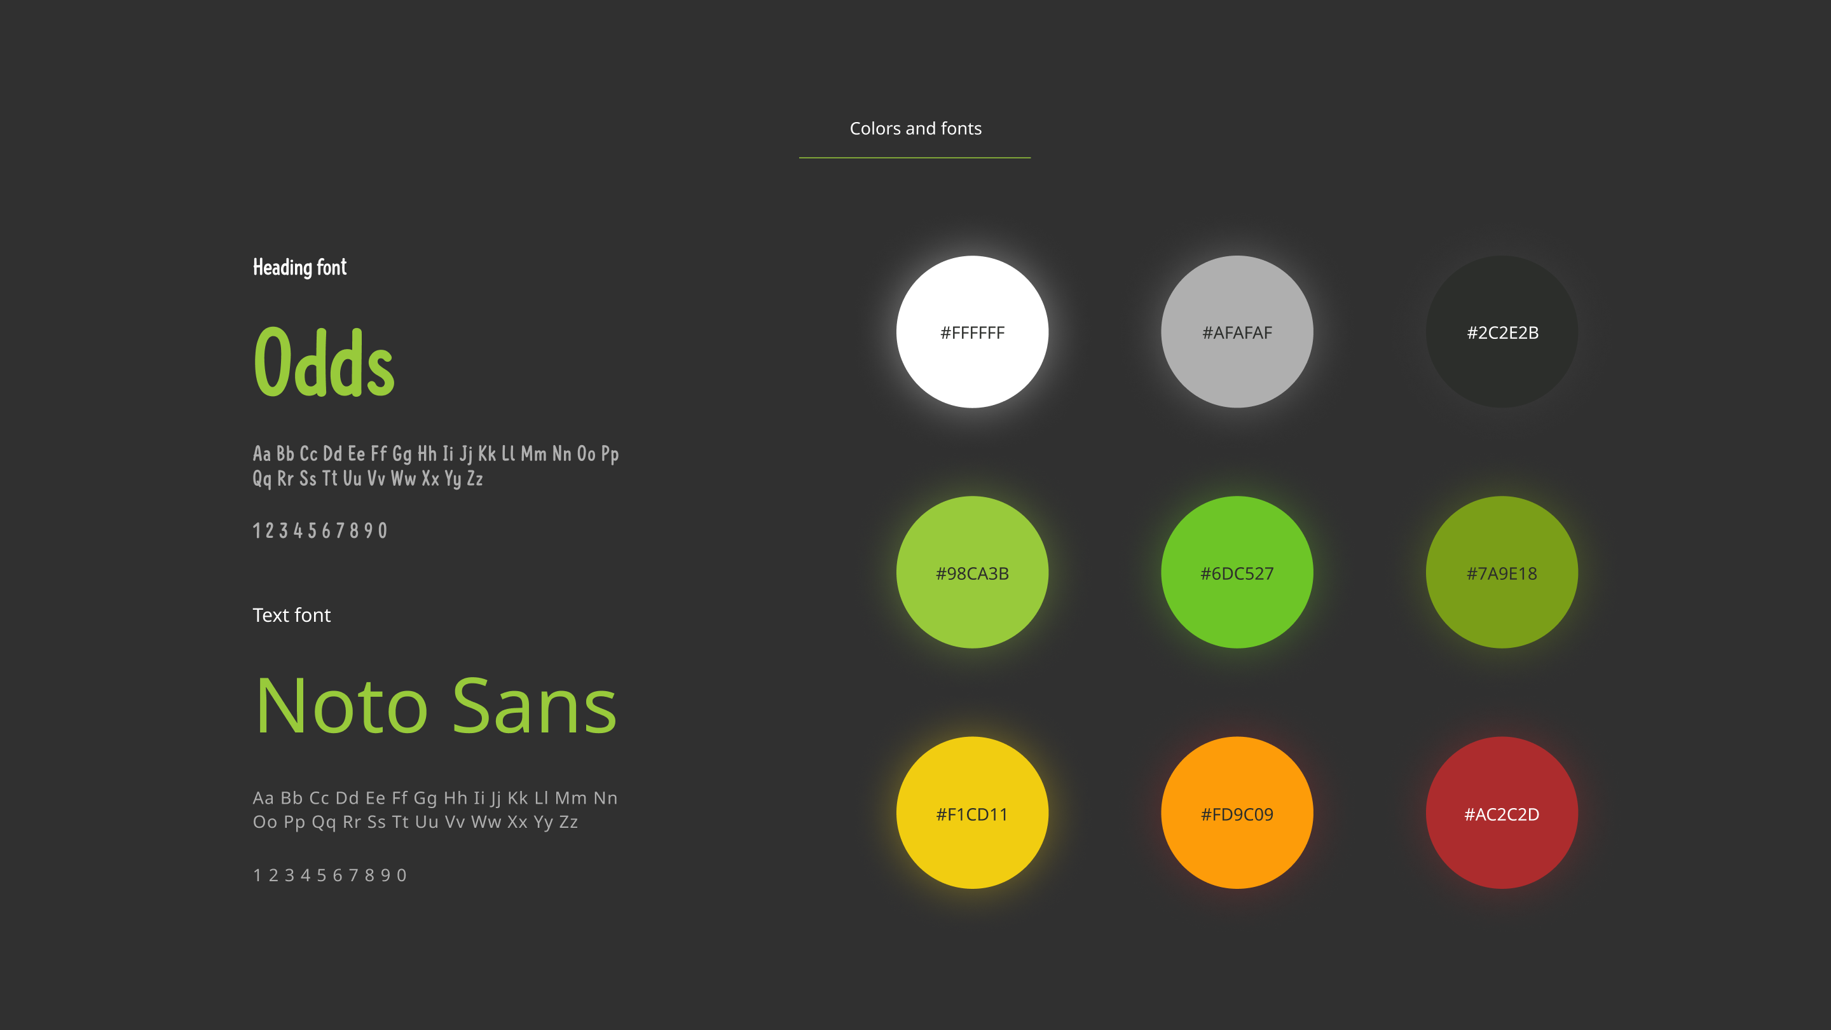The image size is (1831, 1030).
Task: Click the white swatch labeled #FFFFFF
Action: click(971, 332)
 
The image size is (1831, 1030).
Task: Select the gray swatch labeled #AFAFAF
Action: click(1237, 332)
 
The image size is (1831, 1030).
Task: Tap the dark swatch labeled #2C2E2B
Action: click(1502, 332)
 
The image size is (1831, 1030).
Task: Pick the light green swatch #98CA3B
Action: click(971, 572)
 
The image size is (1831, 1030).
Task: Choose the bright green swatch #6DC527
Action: click(1237, 572)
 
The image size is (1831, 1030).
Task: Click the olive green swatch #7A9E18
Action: click(1502, 572)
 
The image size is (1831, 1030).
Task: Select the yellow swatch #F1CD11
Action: click(971, 813)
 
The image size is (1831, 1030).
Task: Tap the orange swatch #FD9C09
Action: click(1237, 813)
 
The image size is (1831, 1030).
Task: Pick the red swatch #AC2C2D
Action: click(1502, 813)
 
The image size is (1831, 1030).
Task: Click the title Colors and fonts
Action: click(915, 128)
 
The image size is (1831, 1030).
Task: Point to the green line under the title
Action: click(915, 158)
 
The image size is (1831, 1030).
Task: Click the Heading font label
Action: click(299, 268)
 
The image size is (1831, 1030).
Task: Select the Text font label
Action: click(291, 615)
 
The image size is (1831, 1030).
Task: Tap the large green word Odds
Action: click(324, 362)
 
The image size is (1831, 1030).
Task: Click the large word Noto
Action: click(342, 706)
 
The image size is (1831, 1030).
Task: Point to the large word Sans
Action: click(534, 706)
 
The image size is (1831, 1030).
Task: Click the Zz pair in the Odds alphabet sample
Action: click(475, 478)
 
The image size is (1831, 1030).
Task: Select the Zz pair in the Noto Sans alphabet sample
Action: click(568, 821)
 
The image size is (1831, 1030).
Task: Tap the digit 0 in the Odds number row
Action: click(382, 531)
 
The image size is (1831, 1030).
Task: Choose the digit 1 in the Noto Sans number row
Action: click(257, 875)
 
